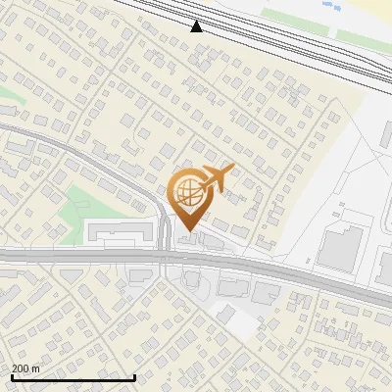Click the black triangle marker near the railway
coord(197,26)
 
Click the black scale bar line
coord(73,377)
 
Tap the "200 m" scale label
coord(25,368)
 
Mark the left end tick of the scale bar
coord(11,375)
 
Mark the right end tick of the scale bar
coord(134,375)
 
